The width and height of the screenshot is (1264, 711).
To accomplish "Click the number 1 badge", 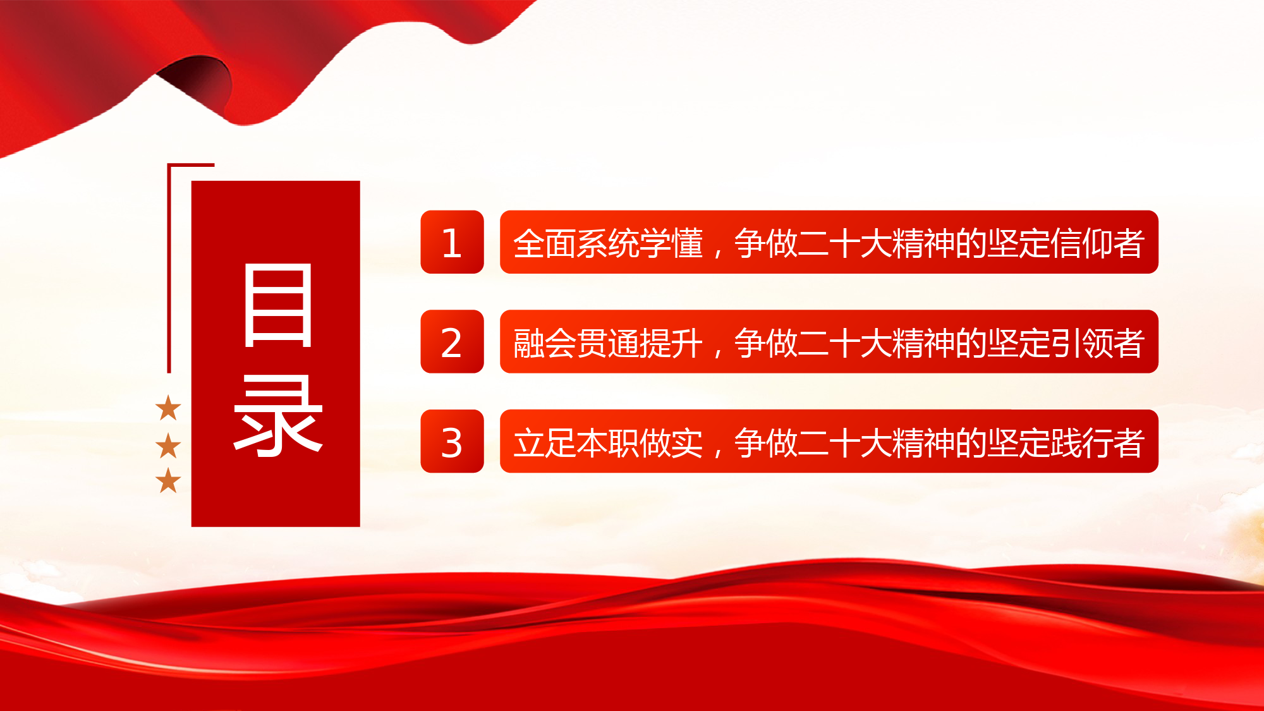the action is [x=452, y=242].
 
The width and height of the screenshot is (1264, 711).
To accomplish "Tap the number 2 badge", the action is [x=452, y=341].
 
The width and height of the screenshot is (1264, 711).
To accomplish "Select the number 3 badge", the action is [x=452, y=441].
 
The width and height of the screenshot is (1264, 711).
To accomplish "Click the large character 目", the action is [x=278, y=305].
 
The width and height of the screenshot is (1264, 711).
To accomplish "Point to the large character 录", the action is [x=278, y=415].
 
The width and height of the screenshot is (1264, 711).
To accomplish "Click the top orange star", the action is [x=168, y=408].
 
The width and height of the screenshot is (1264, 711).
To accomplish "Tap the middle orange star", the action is [x=168, y=446].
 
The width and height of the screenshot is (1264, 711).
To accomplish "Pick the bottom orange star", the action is [x=168, y=480].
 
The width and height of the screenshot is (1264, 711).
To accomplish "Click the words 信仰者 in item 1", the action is [x=1097, y=243].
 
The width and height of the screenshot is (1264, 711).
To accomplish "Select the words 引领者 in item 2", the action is [x=1097, y=343].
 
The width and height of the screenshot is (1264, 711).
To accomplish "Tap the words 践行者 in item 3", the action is [x=1097, y=442].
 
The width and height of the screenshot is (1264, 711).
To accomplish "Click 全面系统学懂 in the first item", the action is [x=608, y=243].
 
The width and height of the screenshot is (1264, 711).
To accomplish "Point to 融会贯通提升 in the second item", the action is [x=608, y=343].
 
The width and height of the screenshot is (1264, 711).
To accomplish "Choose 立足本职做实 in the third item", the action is [x=608, y=442].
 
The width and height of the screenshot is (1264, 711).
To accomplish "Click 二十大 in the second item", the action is [x=844, y=343].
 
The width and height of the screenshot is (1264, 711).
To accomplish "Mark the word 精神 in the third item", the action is [x=923, y=442].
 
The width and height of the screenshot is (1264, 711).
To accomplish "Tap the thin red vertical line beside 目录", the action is [x=169, y=269].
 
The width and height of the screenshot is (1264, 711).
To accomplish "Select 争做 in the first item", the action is [x=766, y=243].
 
